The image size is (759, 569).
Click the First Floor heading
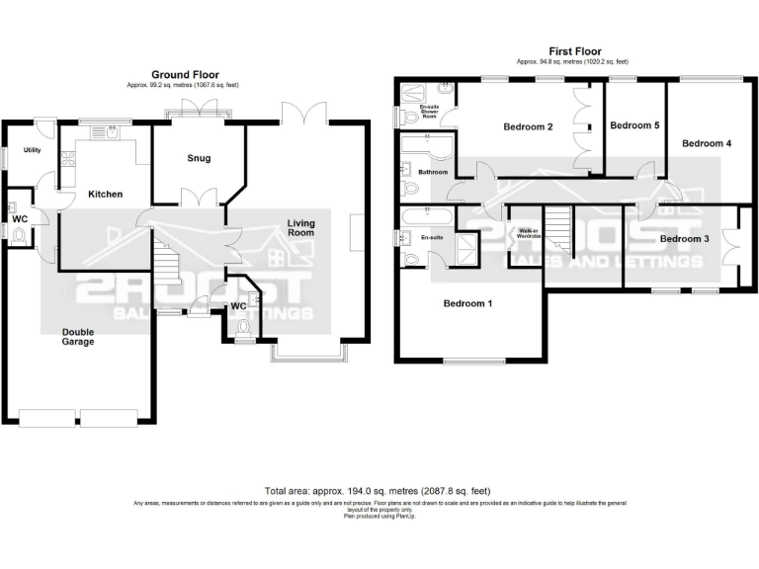pyautogui.click(x=574, y=51)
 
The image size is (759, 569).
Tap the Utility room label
pyautogui.click(x=33, y=150)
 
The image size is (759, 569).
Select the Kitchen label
pyautogui.click(x=105, y=195)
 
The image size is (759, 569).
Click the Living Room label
pyautogui.click(x=300, y=227)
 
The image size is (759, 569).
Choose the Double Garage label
pyautogui.click(x=78, y=336)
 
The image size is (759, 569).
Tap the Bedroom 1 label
pyautogui.click(x=467, y=303)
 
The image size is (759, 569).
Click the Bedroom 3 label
pyautogui.click(x=684, y=239)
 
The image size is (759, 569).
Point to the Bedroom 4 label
pyautogui.click(x=707, y=143)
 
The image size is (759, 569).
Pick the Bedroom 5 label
pyautogui.click(x=633, y=126)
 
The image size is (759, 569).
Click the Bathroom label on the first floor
pyautogui.click(x=433, y=173)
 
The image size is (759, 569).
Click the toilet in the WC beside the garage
pyautogui.click(x=19, y=235)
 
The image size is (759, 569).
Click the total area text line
pyautogui.click(x=379, y=491)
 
